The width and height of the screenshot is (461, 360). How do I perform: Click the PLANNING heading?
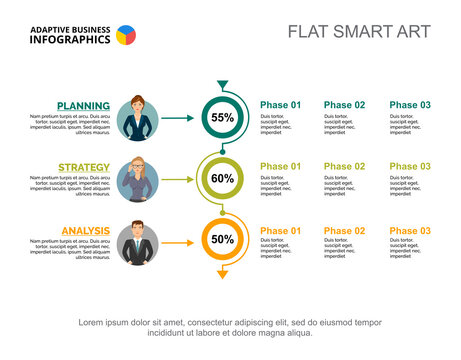(83, 105)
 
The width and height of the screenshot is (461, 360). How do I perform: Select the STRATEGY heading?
(84, 167)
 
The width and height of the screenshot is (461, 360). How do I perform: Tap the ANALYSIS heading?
(85, 231)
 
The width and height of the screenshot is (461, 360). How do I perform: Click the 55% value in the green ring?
(222, 117)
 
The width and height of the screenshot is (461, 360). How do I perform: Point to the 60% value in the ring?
(222, 179)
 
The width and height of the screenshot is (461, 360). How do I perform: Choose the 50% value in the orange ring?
(222, 240)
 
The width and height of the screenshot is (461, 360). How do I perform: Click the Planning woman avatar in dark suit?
(137, 117)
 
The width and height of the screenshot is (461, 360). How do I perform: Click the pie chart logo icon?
(126, 35)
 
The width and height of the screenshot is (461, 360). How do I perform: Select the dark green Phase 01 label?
(280, 105)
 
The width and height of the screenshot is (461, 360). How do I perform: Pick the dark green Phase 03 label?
(410, 105)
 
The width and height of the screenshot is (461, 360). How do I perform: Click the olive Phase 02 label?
(345, 167)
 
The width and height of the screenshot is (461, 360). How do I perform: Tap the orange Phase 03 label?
(410, 231)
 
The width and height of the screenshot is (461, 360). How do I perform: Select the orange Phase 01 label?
(280, 231)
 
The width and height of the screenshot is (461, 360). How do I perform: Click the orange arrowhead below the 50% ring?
(222, 273)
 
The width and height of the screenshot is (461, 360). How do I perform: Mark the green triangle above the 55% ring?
(222, 85)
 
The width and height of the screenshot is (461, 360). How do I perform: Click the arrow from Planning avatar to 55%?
(177, 118)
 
